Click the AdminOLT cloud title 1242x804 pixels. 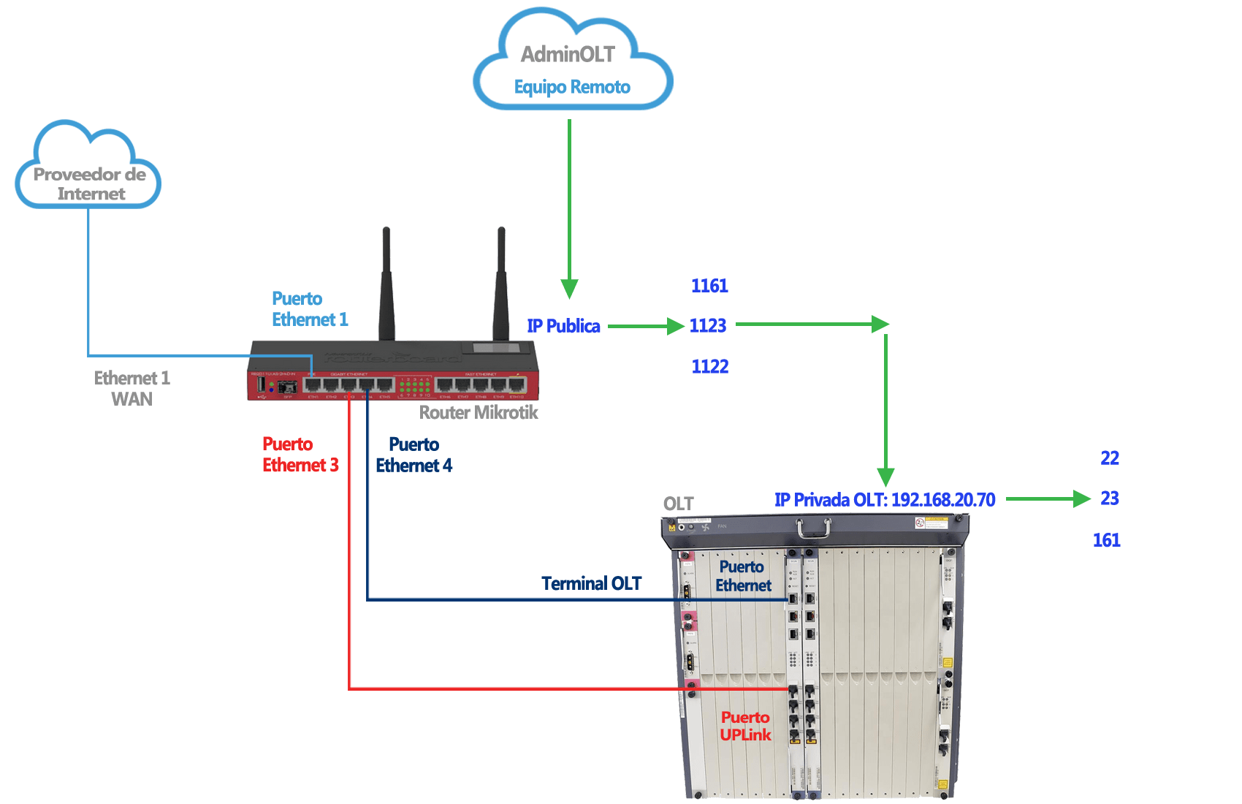(x=567, y=54)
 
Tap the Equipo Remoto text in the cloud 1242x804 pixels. (x=572, y=87)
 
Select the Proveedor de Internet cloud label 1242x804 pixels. (x=90, y=184)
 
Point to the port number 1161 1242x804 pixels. (x=709, y=286)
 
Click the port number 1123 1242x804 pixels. (x=707, y=325)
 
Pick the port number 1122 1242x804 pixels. (x=709, y=366)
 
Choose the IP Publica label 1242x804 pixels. (x=563, y=326)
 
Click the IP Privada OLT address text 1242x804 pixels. (x=885, y=500)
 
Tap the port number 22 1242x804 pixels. (x=1110, y=458)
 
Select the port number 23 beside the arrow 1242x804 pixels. (x=1110, y=498)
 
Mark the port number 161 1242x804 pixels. (x=1106, y=540)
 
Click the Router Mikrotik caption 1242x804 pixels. (x=479, y=413)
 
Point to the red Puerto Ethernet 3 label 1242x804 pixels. (x=300, y=455)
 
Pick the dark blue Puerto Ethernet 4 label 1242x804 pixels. (x=414, y=455)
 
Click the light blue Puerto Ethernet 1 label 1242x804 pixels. (x=309, y=309)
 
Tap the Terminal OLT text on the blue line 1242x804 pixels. (x=591, y=583)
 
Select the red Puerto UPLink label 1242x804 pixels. (x=745, y=727)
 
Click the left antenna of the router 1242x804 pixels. (x=386, y=285)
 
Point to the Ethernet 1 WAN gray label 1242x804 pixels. (x=132, y=388)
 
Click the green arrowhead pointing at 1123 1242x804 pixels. (x=676, y=326)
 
